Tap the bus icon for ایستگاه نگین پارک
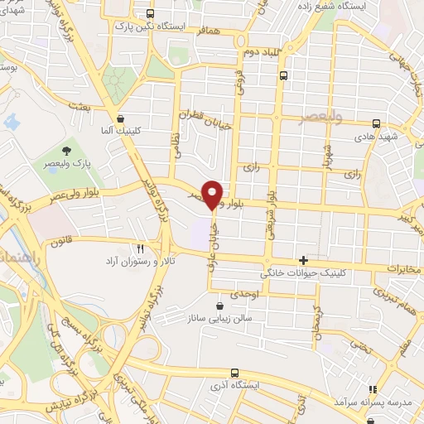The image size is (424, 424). (150, 13)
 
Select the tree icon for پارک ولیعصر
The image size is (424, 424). (65, 151)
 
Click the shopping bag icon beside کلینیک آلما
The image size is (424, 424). (121, 118)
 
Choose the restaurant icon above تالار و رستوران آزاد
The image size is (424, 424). (140, 248)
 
